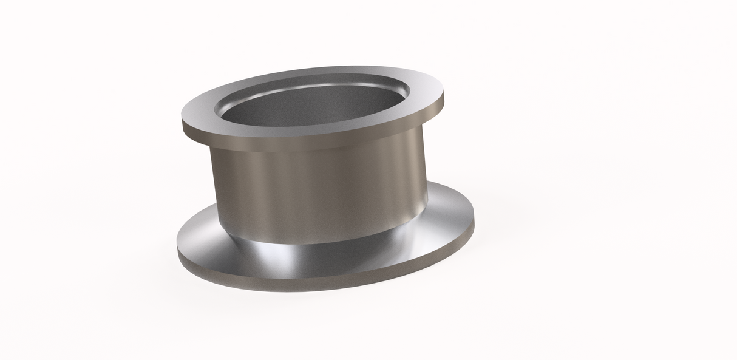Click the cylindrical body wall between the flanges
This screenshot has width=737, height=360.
[x=316, y=188]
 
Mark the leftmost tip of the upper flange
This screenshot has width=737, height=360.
[x=182, y=121]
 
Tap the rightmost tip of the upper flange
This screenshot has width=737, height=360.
[x=444, y=97]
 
